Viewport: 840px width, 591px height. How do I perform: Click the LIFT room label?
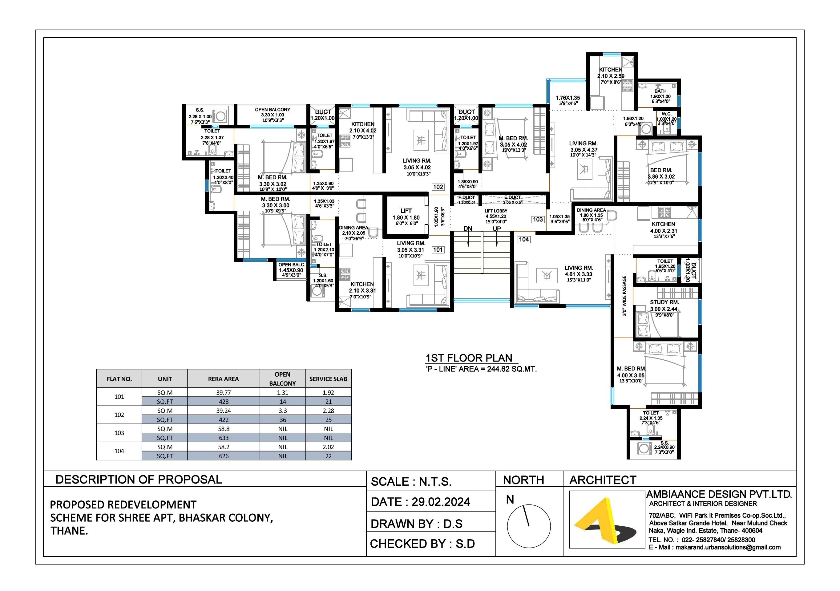pyautogui.click(x=406, y=211)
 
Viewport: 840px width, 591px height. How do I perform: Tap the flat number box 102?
pyautogui.click(x=438, y=187)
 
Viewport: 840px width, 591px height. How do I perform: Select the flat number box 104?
pyautogui.click(x=523, y=239)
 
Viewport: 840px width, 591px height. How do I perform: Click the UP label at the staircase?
pyautogui.click(x=496, y=229)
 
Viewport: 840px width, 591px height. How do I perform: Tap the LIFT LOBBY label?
pyautogui.click(x=496, y=211)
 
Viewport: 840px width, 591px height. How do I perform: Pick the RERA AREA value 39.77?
pyautogui.click(x=223, y=392)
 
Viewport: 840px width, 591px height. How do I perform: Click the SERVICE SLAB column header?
pyautogui.click(x=328, y=379)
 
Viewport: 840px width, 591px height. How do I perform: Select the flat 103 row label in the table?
pyautogui.click(x=119, y=433)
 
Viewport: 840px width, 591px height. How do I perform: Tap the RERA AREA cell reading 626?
pyautogui.click(x=224, y=456)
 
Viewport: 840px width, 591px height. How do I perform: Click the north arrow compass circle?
pyautogui.click(x=529, y=526)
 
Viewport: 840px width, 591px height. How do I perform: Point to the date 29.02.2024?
pyautogui.click(x=441, y=502)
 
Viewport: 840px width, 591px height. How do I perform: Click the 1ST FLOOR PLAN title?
pyautogui.click(x=469, y=358)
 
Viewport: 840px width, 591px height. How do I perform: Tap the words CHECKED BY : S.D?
pyautogui.click(x=422, y=544)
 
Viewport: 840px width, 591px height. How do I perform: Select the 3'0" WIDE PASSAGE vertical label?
pyautogui.click(x=624, y=296)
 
